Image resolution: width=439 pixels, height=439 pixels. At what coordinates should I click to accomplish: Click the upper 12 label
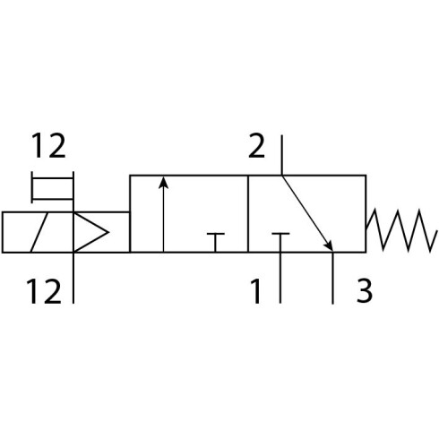pyautogui.click(x=48, y=146)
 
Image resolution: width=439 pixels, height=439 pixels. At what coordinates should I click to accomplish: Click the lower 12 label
pyautogui.click(x=44, y=291)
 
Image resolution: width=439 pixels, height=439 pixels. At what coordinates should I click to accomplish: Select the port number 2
pyautogui.click(x=256, y=146)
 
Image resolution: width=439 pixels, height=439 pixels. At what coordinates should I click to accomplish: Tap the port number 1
pyautogui.click(x=256, y=291)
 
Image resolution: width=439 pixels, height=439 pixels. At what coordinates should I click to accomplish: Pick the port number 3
pyautogui.click(x=365, y=291)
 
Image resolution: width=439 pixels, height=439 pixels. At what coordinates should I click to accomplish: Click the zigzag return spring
pyautogui.click(x=401, y=230)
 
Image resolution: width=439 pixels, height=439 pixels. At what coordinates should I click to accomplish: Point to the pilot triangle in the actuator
pyautogui.click(x=90, y=232)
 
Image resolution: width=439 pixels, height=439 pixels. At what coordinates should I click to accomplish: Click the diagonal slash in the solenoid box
pyautogui.click(x=39, y=232)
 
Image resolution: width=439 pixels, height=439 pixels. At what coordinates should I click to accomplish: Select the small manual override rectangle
pyautogui.click(x=53, y=188)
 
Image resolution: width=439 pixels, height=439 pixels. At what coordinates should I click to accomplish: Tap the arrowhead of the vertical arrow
pyautogui.click(x=163, y=183)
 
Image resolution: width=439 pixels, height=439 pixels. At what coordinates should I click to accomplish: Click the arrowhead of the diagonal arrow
pyautogui.click(x=329, y=245)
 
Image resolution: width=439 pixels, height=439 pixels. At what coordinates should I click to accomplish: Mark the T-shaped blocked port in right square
pyautogui.click(x=280, y=234)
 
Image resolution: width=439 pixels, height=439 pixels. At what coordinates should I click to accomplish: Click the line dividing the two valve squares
pyautogui.click(x=248, y=214)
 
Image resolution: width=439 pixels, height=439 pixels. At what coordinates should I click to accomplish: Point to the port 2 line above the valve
pyautogui.click(x=281, y=155)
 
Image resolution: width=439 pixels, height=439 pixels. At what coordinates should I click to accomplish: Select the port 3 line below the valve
pyautogui.click(x=333, y=278)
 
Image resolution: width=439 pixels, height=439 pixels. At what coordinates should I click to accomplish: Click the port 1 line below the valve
pyautogui.click(x=280, y=278)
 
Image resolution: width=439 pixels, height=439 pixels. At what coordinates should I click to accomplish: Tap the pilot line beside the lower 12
pyautogui.click(x=73, y=278)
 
